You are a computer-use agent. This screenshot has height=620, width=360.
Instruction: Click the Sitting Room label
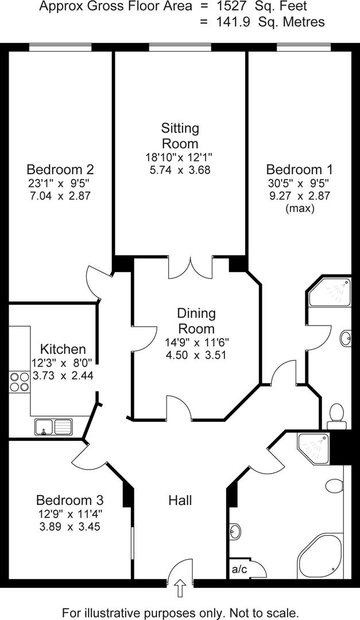(180, 135)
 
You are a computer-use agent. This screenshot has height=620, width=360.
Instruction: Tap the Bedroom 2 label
(60, 170)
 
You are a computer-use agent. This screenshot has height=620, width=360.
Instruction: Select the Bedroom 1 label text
(299, 170)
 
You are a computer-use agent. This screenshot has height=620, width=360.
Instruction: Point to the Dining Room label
(196, 321)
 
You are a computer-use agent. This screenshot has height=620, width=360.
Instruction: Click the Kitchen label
(63, 349)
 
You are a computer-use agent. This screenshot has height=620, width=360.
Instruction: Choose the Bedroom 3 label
(69, 499)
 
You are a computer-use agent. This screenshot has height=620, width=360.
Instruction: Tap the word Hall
(180, 500)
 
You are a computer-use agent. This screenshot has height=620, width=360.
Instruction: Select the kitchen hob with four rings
(19, 381)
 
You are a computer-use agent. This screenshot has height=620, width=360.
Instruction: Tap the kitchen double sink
(53, 427)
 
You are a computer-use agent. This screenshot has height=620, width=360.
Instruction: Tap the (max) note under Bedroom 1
(299, 209)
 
